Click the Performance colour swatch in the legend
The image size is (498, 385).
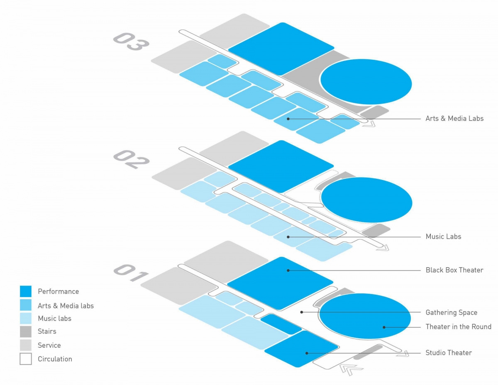(x=26, y=291)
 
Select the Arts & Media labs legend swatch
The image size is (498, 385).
(x=26, y=305)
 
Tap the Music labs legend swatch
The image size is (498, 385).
(x=26, y=319)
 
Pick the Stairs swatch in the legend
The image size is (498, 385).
(x=26, y=331)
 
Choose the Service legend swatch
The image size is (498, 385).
(x=26, y=345)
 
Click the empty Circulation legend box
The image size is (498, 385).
(x=26, y=359)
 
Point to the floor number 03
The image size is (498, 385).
(x=131, y=41)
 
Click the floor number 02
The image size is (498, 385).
(x=131, y=159)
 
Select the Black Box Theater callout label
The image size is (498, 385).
(x=454, y=270)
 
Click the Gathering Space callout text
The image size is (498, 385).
(x=451, y=312)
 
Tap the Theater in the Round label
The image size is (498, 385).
(x=458, y=327)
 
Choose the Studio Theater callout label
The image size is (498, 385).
(x=448, y=353)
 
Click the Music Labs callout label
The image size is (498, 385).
(x=443, y=236)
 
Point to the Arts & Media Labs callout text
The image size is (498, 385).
(x=454, y=119)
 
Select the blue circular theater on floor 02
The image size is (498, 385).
(x=366, y=200)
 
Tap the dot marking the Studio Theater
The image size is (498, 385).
(x=307, y=353)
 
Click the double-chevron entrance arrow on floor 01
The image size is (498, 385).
(x=348, y=368)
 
